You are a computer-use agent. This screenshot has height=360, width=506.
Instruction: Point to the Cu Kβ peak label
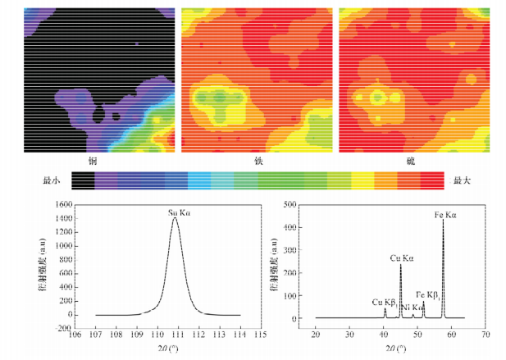384,302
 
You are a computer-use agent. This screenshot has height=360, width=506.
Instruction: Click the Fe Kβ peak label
426,294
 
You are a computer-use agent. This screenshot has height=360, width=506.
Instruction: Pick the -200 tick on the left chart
59,329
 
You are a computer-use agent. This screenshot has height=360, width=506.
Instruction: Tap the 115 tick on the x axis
261,335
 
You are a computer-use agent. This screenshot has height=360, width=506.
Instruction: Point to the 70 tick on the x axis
485,335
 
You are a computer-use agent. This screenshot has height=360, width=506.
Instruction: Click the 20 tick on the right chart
316,335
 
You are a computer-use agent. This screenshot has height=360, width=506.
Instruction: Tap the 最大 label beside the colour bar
458,179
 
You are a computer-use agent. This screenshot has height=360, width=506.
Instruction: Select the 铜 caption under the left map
100,159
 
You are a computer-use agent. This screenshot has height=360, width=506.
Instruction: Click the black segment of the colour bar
84,179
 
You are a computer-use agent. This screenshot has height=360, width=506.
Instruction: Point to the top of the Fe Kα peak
443,220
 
